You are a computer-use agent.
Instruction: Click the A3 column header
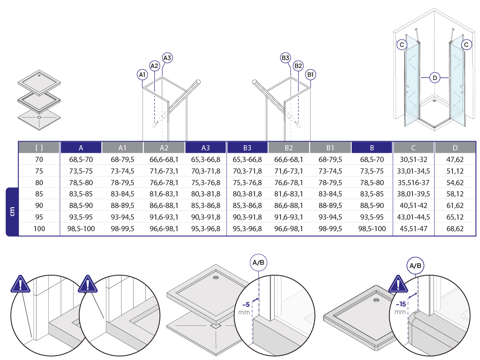click(205, 148)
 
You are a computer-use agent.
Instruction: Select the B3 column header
click(247, 148)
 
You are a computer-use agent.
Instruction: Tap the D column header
click(455, 148)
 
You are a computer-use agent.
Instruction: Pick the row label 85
click(39, 194)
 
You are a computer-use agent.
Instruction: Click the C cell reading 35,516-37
click(413, 182)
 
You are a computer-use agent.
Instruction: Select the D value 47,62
click(455, 159)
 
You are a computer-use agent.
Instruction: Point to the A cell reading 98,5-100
click(81, 228)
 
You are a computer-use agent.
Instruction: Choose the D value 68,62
click(455, 228)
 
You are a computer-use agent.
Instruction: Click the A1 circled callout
click(142, 75)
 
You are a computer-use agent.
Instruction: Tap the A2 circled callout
click(155, 66)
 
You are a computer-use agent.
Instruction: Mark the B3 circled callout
click(285, 58)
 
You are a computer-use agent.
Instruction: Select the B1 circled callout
click(310, 75)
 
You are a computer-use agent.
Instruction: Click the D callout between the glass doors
click(435, 78)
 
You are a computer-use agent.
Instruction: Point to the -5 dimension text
click(246, 304)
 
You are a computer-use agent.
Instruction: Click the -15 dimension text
click(400, 304)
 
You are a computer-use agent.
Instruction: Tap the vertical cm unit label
click(12, 212)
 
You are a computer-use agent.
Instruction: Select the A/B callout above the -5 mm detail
click(258, 262)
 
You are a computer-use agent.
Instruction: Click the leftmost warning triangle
click(20, 284)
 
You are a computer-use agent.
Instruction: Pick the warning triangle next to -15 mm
click(398, 284)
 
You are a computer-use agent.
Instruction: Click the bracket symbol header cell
click(39, 148)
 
